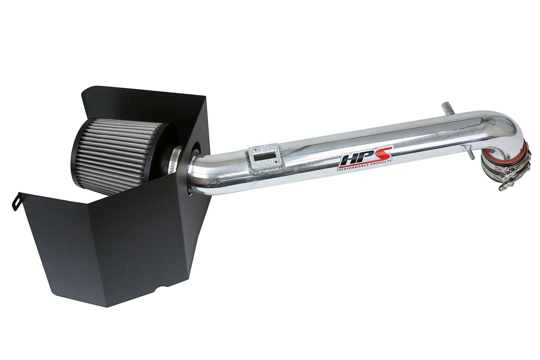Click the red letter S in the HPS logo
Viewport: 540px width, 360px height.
pos(384,153)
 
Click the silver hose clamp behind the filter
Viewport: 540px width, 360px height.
pos(175,162)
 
